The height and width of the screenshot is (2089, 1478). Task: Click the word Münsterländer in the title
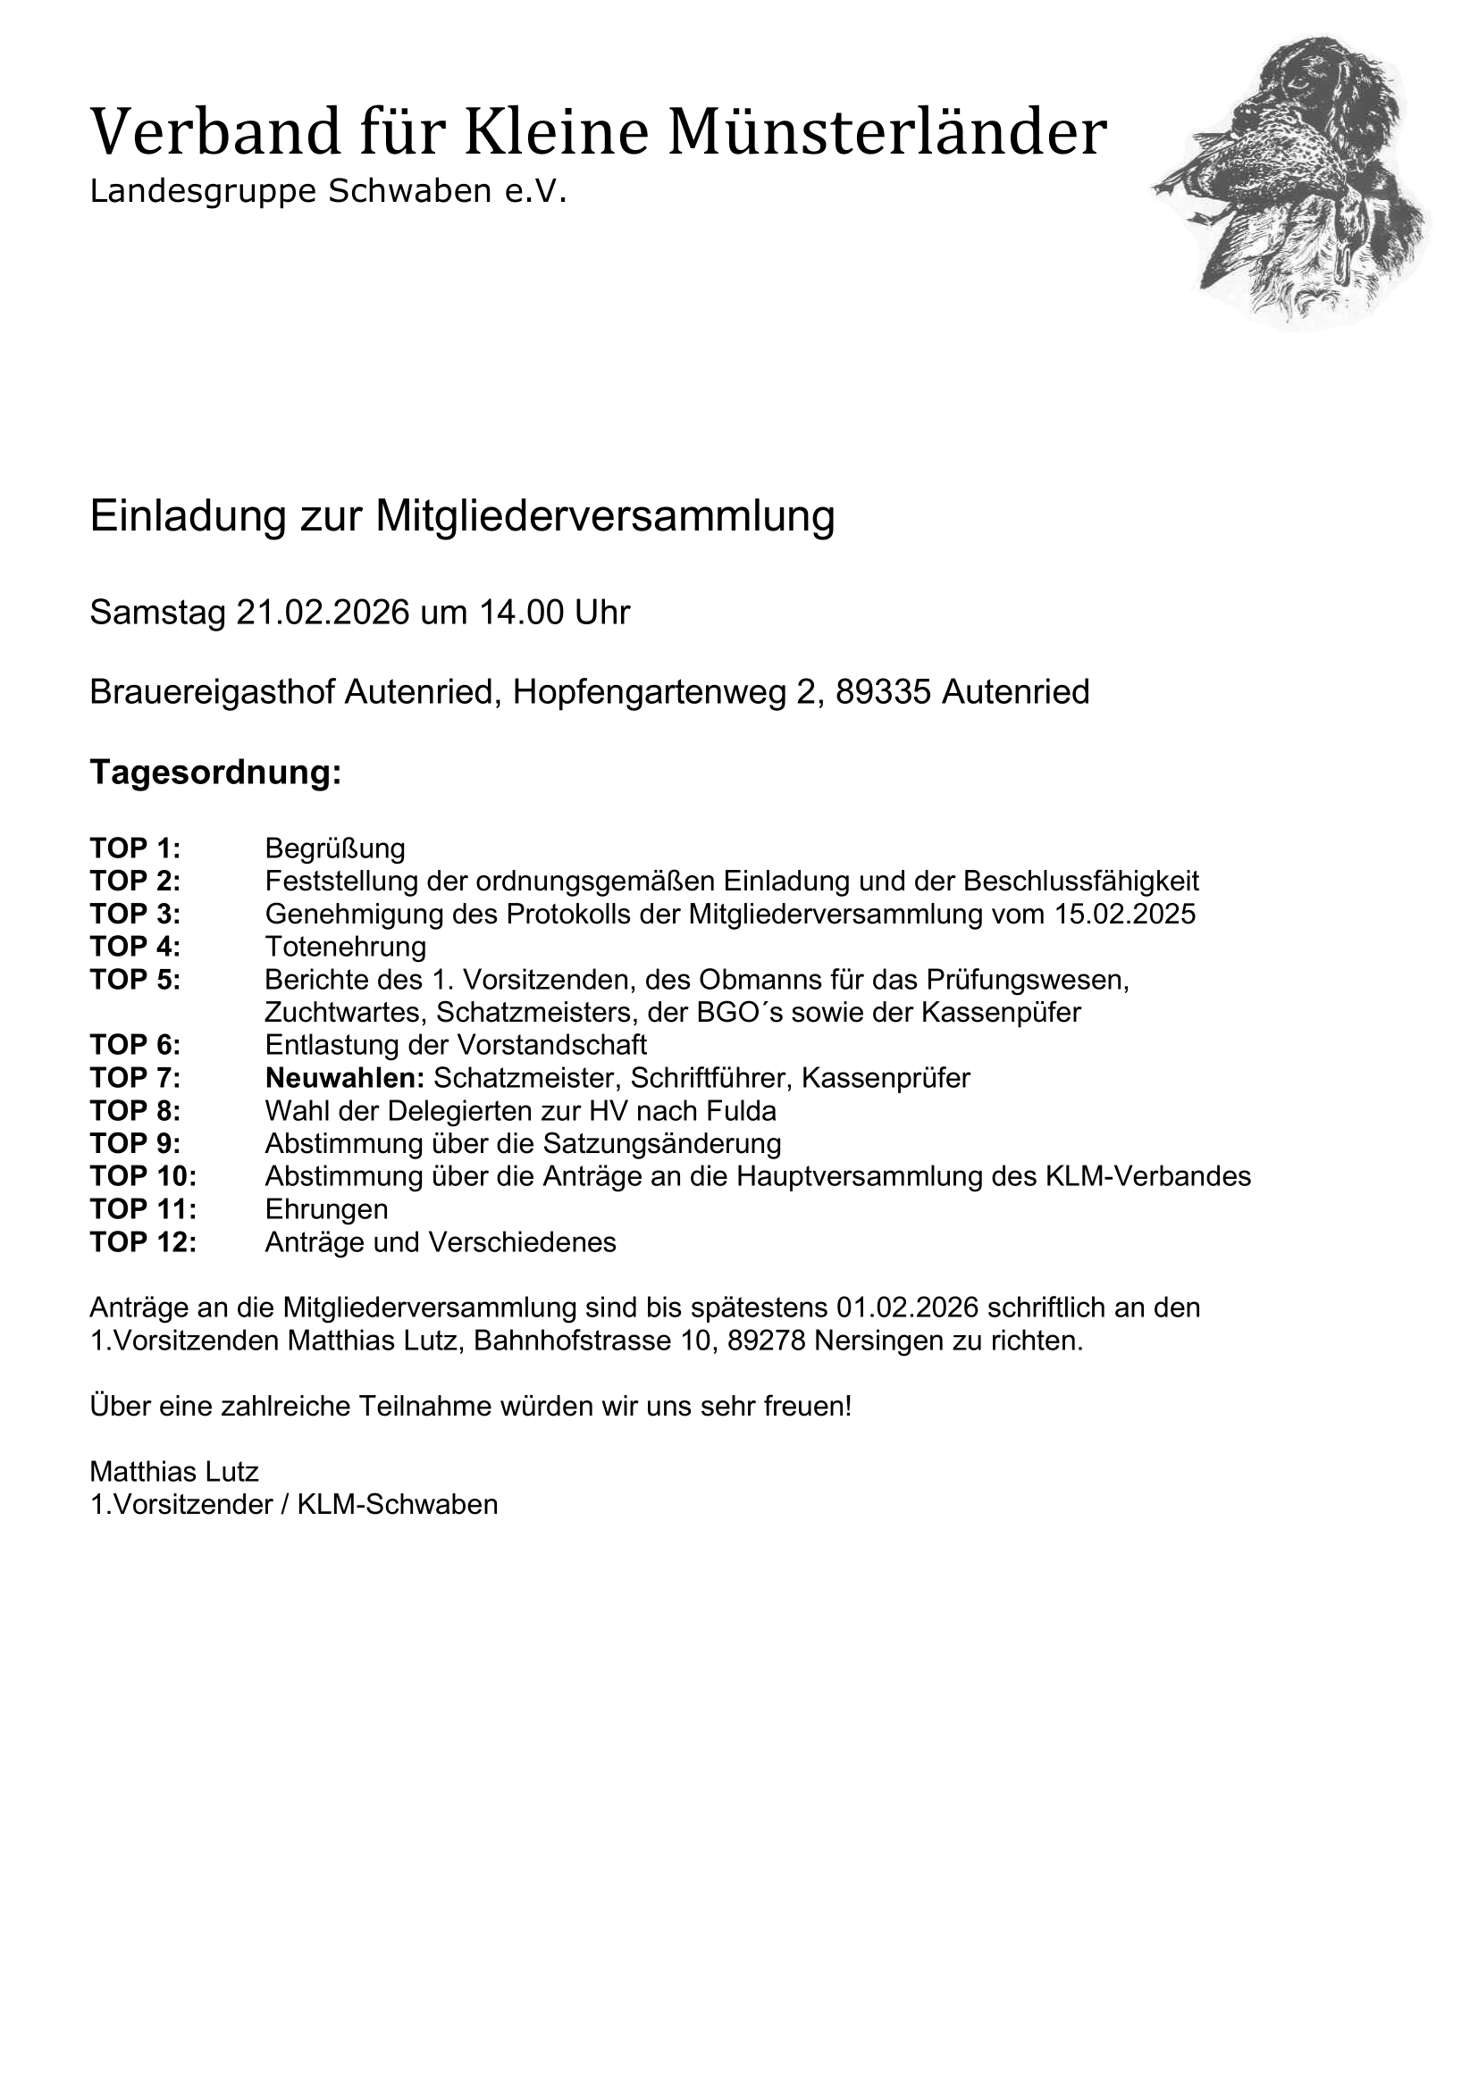887,133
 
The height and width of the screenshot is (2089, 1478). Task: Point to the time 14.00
519,614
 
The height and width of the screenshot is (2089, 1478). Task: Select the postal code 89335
883,692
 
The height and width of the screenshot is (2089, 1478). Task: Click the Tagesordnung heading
215,773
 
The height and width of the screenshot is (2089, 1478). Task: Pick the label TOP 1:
135,848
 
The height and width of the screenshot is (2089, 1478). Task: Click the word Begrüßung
335,848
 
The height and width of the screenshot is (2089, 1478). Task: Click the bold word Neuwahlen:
345,1078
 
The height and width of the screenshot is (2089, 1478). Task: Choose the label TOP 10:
143,1176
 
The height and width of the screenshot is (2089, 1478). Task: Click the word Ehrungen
327,1209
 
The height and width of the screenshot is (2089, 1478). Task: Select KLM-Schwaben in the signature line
398,1505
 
